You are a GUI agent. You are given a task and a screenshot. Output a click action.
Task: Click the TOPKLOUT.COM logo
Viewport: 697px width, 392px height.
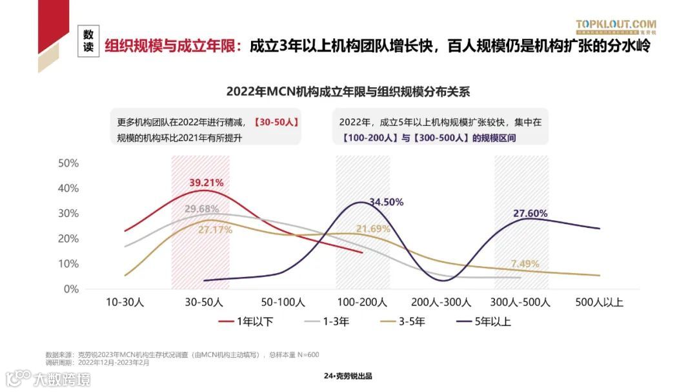[x=616, y=26]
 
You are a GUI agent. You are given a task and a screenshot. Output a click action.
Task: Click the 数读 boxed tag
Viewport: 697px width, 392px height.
[x=88, y=41]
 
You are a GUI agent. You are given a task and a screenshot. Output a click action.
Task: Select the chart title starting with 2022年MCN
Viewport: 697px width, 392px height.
[x=348, y=92]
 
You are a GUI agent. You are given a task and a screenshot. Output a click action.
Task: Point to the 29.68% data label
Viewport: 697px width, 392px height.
[x=201, y=209]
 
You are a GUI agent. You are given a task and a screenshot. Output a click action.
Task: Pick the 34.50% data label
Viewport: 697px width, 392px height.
[x=386, y=202]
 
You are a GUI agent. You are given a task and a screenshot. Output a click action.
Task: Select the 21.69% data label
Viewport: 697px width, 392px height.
[x=373, y=229]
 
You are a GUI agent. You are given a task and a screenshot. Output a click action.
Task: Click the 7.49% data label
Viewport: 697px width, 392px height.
[x=525, y=263]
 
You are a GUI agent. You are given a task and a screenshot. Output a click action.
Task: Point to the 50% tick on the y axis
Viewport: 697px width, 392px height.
[x=68, y=163]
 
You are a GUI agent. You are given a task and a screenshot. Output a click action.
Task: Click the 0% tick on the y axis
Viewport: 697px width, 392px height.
[x=71, y=289]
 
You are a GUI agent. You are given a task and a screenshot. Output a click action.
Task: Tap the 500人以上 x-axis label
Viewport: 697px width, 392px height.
[x=599, y=302]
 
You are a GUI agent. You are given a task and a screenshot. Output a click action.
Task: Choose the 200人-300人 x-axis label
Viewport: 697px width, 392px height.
[x=441, y=302]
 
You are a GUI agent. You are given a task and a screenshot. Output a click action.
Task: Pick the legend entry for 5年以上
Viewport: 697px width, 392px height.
[x=485, y=321]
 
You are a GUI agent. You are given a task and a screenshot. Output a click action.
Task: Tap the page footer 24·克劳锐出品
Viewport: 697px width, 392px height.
[x=348, y=377]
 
